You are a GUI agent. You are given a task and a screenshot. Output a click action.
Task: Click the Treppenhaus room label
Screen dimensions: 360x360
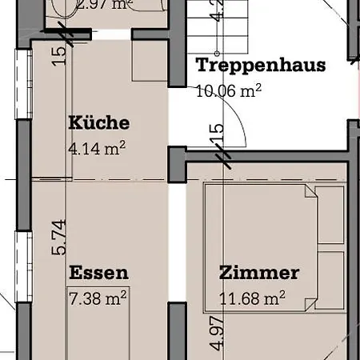[261, 65]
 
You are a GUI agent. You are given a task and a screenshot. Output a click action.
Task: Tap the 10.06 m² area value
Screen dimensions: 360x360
[229, 90]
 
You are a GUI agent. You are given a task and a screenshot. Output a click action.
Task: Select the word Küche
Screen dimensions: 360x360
[99, 123]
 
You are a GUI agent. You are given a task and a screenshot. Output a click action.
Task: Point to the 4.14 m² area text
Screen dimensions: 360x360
[99, 148]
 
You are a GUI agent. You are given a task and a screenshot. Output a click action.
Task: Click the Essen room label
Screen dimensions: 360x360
[98, 273]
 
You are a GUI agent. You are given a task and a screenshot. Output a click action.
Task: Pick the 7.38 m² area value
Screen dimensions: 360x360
[98, 298]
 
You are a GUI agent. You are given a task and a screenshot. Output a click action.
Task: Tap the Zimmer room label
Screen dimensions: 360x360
[258, 273]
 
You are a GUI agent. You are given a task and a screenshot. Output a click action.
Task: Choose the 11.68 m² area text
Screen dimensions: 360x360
[253, 299]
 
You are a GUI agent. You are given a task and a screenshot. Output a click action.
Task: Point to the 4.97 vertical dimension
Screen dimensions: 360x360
[214, 334]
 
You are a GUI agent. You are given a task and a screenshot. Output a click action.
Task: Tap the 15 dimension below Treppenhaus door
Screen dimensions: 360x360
[216, 134]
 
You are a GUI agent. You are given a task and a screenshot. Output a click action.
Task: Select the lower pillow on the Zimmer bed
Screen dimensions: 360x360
[329, 280]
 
